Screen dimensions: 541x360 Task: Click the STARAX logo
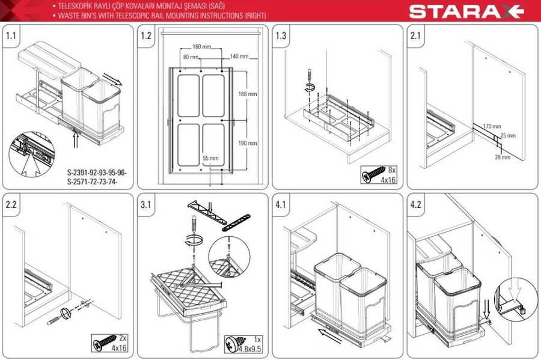click(467, 11)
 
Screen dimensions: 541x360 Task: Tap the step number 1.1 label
click(11, 35)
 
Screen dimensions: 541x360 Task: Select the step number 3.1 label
click(145, 204)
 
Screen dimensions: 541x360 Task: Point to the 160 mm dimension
click(202, 46)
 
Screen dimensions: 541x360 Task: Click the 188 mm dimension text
click(248, 94)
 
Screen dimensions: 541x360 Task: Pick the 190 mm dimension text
click(248, 143)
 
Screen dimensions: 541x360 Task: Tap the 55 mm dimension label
click(210, 158)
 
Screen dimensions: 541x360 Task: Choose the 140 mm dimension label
click(239, 56)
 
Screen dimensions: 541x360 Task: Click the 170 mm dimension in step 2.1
click(492, 126)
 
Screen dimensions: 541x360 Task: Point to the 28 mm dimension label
click(503, 157)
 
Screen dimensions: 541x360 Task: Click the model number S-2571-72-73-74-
click(93, 182)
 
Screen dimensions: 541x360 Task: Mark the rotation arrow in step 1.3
click(310, 87)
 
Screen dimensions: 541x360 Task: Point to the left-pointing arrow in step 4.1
click(330, 336)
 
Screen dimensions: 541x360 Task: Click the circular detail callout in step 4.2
click(516, 299)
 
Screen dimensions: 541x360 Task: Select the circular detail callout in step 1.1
click(32, 154)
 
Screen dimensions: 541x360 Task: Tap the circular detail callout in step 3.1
click(229, 257)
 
